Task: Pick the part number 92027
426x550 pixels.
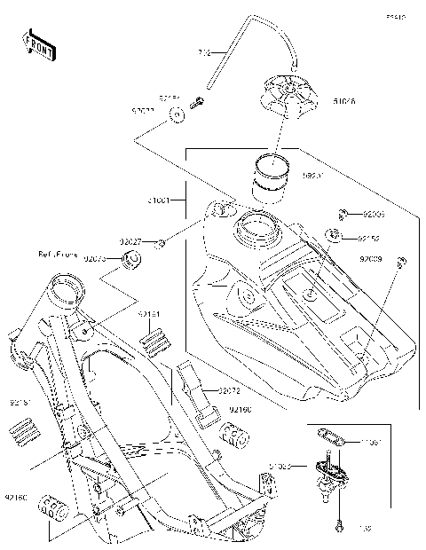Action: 132,241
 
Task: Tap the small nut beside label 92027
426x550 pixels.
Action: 161,242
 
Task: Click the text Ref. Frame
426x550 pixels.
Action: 58,255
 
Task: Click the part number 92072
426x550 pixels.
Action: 228,389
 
